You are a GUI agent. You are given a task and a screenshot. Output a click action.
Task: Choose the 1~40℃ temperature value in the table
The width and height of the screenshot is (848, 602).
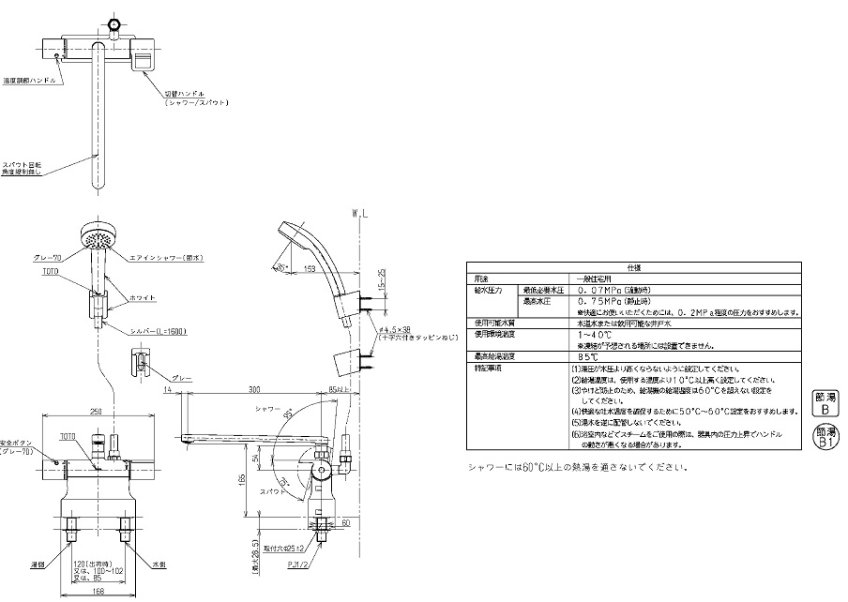pos(591,335)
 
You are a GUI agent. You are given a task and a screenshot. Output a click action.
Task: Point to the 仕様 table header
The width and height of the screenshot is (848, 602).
pos(633,267)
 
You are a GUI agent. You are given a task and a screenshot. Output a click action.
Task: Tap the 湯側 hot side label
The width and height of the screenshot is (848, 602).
pos(38,564)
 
